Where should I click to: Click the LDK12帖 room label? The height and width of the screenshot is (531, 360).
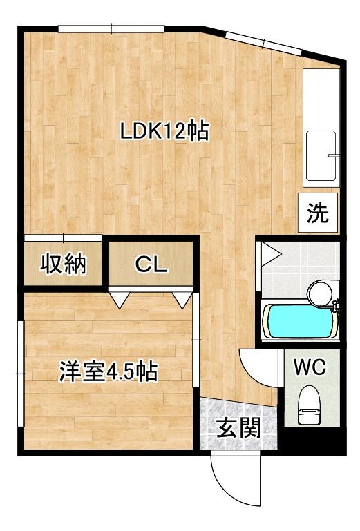pyautogui.click(x=164, y=132)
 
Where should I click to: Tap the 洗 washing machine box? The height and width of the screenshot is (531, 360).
pyautogui.click(x=318, y=213)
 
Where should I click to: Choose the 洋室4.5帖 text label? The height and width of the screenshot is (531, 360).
pyautogui.click(x=108, y=373)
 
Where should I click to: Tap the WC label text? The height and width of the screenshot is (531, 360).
pyautogui.click(x=310, y=367)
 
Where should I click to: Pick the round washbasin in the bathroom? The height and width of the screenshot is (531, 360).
pyautogui.click(x=320, y=293)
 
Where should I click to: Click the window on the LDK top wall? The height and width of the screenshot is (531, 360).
pyautogui.click(x=111, y=28)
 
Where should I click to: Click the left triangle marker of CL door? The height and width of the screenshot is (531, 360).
pyautogui.click(x=120, y=300)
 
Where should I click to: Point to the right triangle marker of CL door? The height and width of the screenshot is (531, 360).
pyautogui.click(x=182, y=300)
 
